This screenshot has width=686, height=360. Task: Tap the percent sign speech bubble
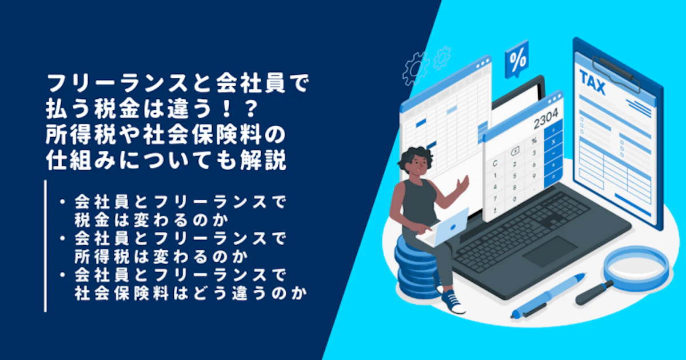point(517,59)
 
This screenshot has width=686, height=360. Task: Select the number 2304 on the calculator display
point(546,119)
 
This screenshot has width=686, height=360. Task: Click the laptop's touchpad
point(550,251)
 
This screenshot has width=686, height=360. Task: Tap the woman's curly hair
point(415,159)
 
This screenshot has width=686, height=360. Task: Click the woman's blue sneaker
point(453,302)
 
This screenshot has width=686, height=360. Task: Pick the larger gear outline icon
point(415,69)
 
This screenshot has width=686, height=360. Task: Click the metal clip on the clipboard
point(616,73)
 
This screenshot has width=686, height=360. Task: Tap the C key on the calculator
point(495,164)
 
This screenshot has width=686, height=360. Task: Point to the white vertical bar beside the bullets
point(45,246)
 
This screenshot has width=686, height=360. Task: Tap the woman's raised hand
point(462,183)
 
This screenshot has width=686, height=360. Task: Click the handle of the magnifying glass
point(594,293)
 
